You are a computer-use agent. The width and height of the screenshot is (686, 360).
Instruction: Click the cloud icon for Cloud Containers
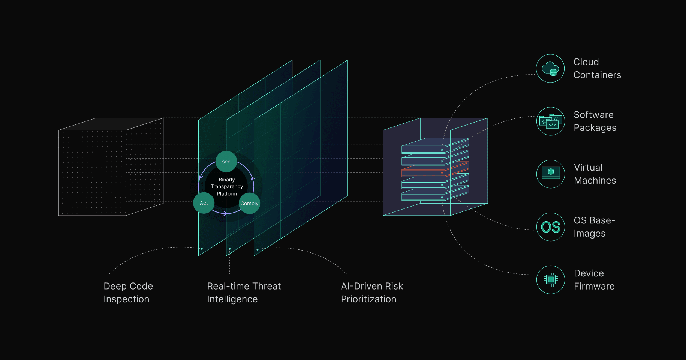tap(550, 69)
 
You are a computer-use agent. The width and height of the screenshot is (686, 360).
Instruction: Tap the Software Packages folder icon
tap(550, 121)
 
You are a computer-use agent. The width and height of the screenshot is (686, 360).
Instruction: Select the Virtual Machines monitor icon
tap(550, 174)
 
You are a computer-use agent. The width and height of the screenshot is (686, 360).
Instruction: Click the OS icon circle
tap(550, 227)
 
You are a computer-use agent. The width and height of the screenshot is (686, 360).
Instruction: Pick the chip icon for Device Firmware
tap(550, 280)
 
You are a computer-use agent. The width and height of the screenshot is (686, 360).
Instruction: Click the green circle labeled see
tap(226, 162)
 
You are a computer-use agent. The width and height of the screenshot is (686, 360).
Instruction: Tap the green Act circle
tap(204, 203)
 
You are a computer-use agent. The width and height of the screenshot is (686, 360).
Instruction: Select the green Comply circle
tap(249, 203)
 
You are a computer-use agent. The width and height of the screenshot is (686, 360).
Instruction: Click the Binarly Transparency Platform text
tap(227, 187)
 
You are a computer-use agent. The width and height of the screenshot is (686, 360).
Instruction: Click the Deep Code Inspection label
tap(128, 292)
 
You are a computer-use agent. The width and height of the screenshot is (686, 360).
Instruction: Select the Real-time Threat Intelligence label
tap(244, 292)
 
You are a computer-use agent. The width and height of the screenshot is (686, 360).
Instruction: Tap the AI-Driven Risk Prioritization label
tap(371, 292)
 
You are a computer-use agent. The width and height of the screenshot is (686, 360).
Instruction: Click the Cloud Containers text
tap(597, 68)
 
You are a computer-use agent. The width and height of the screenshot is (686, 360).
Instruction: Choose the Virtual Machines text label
tap(595, 174)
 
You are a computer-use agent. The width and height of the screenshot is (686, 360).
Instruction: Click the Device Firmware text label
tap(594, 280)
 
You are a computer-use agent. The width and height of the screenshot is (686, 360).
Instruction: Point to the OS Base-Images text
tap(594, 227)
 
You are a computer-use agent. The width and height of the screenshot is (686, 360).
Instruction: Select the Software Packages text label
tap(595, 121)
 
